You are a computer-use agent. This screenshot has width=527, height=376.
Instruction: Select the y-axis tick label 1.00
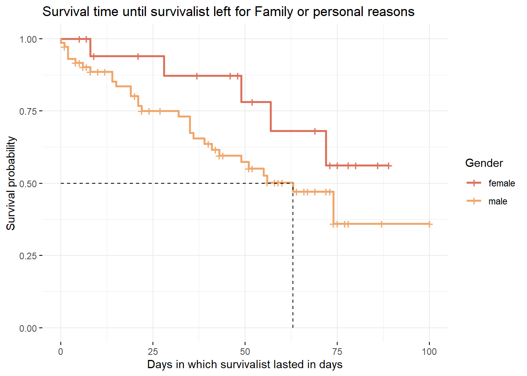coord(28,39)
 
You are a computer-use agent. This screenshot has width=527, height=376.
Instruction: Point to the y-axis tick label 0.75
coord(28,111)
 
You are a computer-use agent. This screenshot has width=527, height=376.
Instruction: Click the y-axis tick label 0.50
coord(28,184)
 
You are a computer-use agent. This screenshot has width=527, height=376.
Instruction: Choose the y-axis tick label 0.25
coord(28,256)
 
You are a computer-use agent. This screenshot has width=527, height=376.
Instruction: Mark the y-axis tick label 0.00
coord(28,328)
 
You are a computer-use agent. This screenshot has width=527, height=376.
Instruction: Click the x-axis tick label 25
coord(153,351)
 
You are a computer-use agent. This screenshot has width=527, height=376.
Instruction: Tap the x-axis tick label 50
coord(245,351)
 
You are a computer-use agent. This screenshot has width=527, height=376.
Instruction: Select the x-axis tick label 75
coord(337,351)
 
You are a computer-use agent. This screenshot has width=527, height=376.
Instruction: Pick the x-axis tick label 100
coord(429,351)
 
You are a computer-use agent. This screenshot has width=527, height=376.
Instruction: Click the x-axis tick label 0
coord(61,351)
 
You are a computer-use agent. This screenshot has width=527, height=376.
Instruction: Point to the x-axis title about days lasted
coord(245,365)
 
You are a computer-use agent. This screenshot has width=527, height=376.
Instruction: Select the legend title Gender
coord(484,163)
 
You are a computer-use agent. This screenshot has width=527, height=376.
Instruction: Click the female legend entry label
coord(502,183)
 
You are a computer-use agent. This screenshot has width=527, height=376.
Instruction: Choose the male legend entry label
coord(498,201)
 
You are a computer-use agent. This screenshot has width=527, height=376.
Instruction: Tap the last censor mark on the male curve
coord(429,224)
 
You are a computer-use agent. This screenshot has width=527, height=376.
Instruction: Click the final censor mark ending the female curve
coord(388,166)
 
